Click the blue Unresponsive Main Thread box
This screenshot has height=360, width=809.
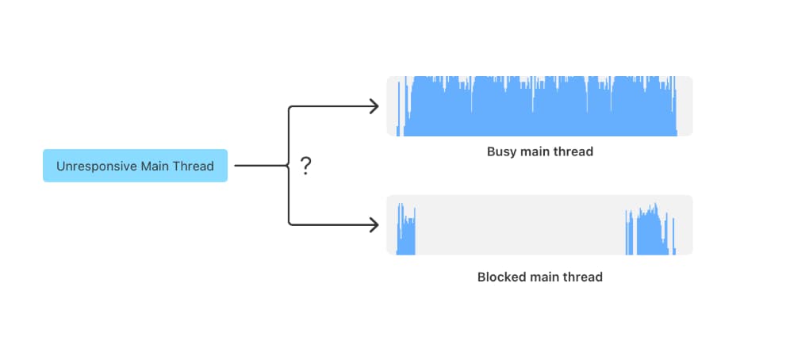[x=135, y=166]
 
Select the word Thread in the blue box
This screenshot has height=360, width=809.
[x=194, y=167]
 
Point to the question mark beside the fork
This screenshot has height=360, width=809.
[x=305, y=167]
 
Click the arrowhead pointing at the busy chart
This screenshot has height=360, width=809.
[x=374, y=106]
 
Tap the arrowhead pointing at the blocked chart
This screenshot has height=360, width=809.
[x=374, y=225]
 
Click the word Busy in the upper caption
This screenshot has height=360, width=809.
[x=501, y=151]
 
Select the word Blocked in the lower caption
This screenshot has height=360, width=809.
[x=500, y=278]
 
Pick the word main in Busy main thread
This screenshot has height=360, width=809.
[x=539, y=151]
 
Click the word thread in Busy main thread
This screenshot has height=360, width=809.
[x=575, y=151]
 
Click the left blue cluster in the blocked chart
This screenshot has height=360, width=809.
[x=405, y=234]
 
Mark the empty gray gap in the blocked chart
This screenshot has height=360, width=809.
[x=520, y=225]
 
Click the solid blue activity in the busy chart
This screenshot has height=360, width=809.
[x=539, y=111]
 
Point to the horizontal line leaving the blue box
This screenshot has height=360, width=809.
[x=258, y=167]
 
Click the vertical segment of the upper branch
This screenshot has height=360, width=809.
[x=289, y=135]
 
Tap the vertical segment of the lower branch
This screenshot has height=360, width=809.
[x=289, y=198]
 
